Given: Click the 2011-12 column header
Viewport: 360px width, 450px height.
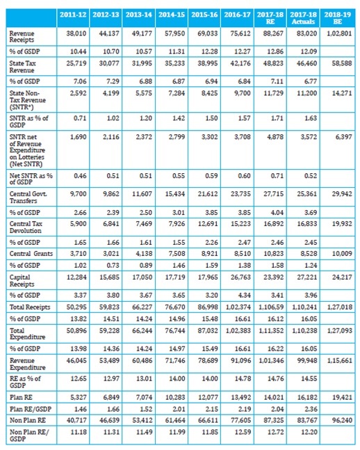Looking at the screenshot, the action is tap(73, 15).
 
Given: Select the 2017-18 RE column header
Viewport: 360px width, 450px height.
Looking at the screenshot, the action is tap(270, 18).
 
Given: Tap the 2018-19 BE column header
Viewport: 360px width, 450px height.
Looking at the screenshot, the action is tap(338, 18).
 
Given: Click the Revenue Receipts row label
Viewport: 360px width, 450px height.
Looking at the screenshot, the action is tap(22, 37).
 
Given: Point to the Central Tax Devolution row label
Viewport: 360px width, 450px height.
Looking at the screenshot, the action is tap(26, 227).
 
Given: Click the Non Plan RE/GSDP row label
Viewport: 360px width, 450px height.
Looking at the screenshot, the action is tap(29, 435).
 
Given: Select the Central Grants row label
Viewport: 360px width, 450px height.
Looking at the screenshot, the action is tap(31, 254).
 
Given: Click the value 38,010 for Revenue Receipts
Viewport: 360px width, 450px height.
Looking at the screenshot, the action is tap(76, 33).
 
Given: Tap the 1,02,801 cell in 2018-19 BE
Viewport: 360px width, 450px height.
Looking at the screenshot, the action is tap(339, 33).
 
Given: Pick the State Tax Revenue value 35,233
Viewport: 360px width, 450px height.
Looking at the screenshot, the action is tap(174, 63).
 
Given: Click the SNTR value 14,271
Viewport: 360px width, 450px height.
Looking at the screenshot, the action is tap(342, 93).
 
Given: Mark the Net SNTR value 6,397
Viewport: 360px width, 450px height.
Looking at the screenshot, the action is tap(343, 137).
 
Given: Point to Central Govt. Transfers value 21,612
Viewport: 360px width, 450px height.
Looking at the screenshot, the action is tap(208, 194).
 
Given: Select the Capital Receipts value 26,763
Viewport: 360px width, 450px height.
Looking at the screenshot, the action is tap(240, 278).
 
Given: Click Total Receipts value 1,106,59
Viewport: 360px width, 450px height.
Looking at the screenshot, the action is tap(271, 307).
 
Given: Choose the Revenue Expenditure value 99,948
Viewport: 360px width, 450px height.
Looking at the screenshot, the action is tap(307, 360).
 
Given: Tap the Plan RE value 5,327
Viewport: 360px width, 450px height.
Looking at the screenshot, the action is tap(78, 397).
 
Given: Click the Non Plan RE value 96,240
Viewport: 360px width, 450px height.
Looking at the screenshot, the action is tap(342, 420).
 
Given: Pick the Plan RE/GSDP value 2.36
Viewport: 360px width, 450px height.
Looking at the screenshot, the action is tap(311, 409).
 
